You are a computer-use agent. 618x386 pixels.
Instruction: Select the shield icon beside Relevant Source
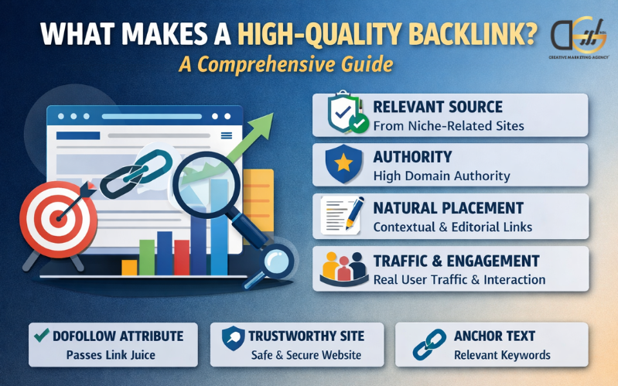(343, 114)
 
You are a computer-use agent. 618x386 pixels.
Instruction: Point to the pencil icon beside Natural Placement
(345, 214)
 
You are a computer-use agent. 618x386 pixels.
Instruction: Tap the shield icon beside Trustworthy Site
(233, 337)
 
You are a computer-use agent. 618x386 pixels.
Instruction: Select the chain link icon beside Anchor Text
(425, 343)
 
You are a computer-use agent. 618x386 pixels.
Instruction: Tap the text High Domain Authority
(441, 176)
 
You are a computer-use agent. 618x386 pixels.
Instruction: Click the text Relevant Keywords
(502, 355)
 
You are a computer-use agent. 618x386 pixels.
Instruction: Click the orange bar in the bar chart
(129, 267)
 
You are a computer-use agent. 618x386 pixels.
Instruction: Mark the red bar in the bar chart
(182, 257)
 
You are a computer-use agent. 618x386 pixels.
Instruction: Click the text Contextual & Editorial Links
(452, 227)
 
